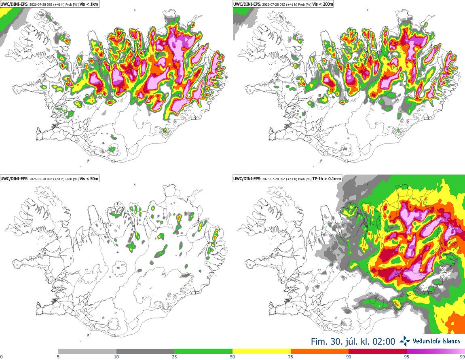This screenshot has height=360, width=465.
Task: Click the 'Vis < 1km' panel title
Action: click(89, 4)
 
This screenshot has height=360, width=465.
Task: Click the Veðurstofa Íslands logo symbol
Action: click(405, 341)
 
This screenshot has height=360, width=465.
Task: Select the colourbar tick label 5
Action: click(58, 357)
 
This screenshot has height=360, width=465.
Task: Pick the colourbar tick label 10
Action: click(116, 357)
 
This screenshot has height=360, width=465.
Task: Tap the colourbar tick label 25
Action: click(174, 357)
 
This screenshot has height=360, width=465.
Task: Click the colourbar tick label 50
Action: click(232, 357)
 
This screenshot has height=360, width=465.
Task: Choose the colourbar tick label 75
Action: click(291, 357)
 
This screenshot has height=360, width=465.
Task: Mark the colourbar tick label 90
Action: click(349, 357)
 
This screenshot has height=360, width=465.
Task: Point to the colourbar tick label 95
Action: click(407, 357)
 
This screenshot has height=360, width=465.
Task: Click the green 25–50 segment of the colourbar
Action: click(203, 352)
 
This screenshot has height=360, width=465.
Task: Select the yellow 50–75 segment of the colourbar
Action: click(262, 352)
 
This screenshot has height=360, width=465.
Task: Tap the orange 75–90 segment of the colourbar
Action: click(320, 352)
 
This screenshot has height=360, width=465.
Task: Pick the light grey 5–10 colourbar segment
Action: click(87, 352)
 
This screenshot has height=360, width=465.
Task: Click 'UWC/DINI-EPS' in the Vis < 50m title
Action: click(14, 179)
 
